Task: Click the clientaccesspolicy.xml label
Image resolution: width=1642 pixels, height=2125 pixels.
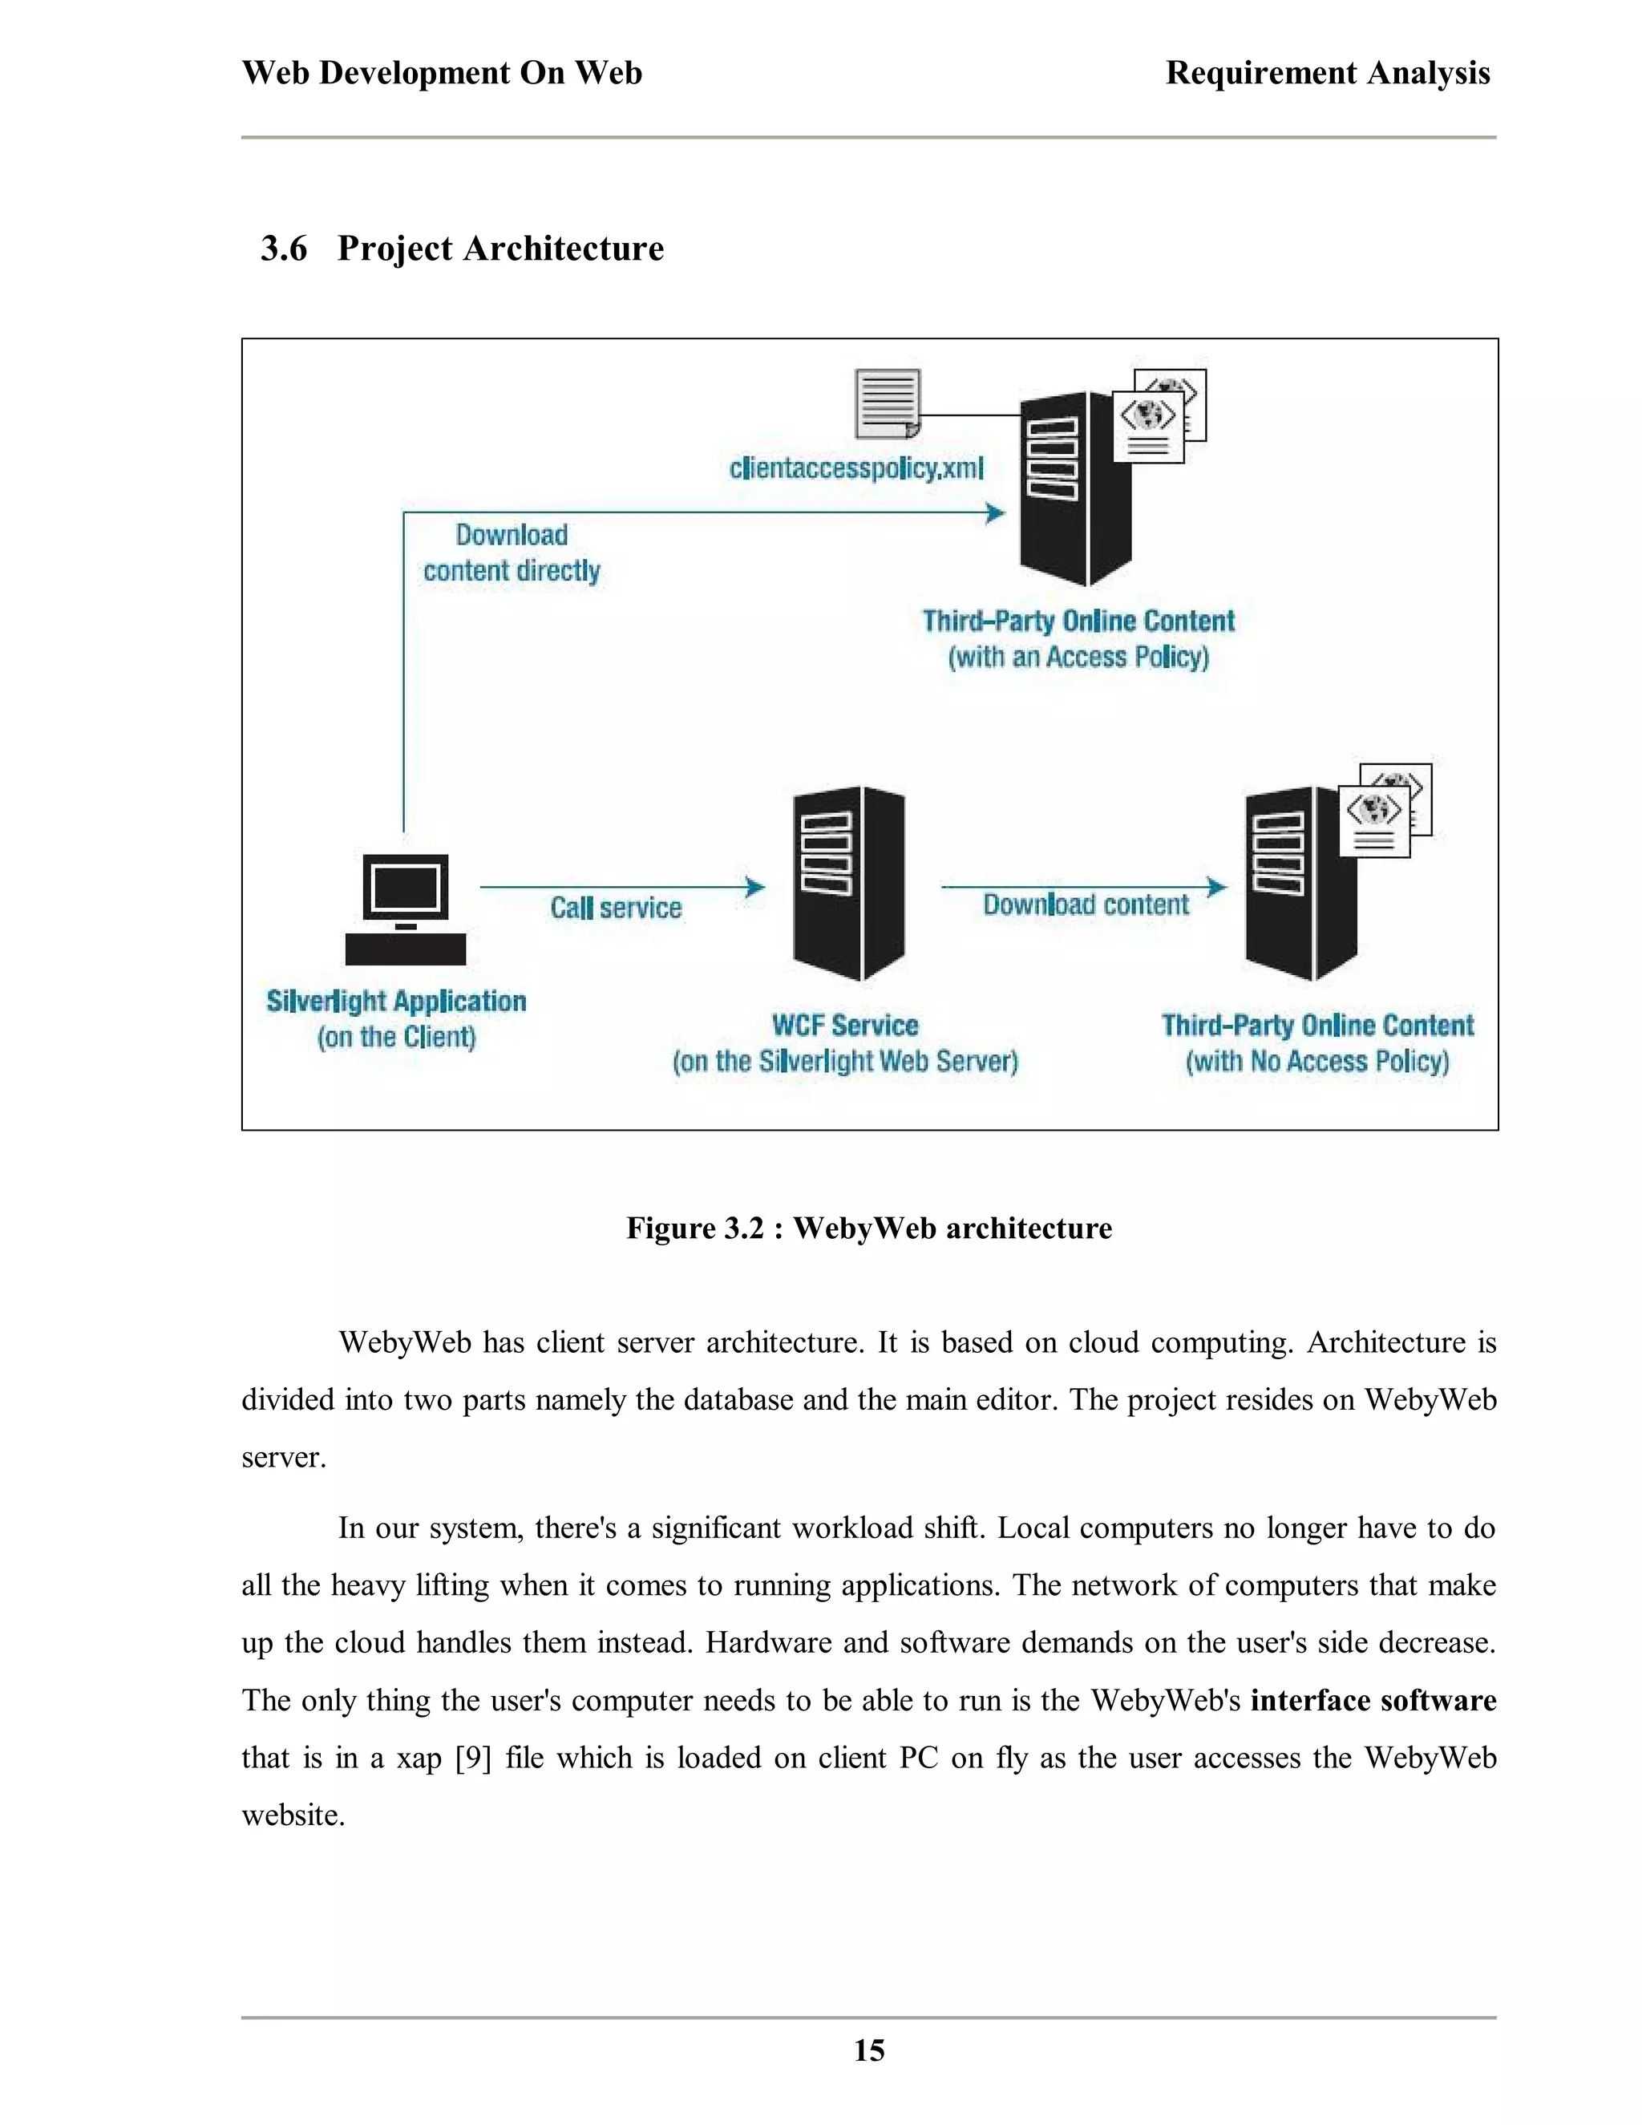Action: [856, 468]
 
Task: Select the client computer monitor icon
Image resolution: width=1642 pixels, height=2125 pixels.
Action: [405, 888]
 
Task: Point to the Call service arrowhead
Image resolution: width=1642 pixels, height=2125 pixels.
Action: [754, 886]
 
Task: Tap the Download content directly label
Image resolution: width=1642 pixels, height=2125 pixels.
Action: [512, 552]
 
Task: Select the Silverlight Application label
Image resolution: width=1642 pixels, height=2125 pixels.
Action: [396, 1002]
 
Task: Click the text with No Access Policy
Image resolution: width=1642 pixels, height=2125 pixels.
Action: [1317, 1061]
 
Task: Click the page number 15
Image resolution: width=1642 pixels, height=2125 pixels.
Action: [868, 2050]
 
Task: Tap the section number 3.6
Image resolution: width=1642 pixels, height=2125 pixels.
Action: [283, 249]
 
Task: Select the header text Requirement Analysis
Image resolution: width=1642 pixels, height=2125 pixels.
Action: [1327, 73]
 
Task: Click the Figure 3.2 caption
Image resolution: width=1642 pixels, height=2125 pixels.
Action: [868, 1228]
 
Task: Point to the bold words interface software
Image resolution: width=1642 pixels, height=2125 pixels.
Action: [1373, 1700]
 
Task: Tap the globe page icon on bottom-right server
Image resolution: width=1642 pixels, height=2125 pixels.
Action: [1374, 822]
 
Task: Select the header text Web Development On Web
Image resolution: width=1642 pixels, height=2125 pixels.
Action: [442, 73]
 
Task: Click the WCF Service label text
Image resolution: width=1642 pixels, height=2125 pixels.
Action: [844, 1026]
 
